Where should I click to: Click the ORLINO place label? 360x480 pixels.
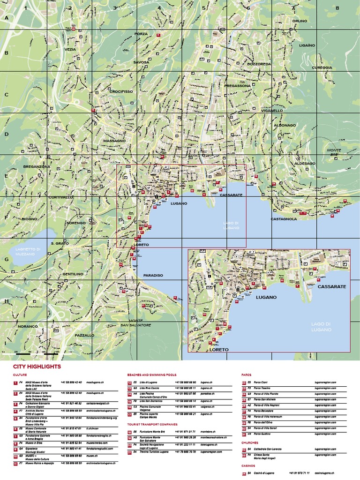tap(300, 21)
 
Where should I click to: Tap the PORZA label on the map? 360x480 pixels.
tap(141, 34)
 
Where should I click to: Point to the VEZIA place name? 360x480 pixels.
tap(70, 49)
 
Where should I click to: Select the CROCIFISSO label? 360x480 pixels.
tap(121, 91)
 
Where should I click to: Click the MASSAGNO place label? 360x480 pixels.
tap(115, 141)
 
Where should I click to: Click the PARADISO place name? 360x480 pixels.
tap(153, 275)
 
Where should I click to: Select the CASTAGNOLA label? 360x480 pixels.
tap(284, 219)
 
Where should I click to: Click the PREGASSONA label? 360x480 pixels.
tap(238, 86)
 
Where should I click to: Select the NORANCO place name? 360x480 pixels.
tap(28, 326)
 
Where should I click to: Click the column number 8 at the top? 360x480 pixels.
tap(337, 8)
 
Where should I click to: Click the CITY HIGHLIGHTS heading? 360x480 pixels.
tap(37, 367)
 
